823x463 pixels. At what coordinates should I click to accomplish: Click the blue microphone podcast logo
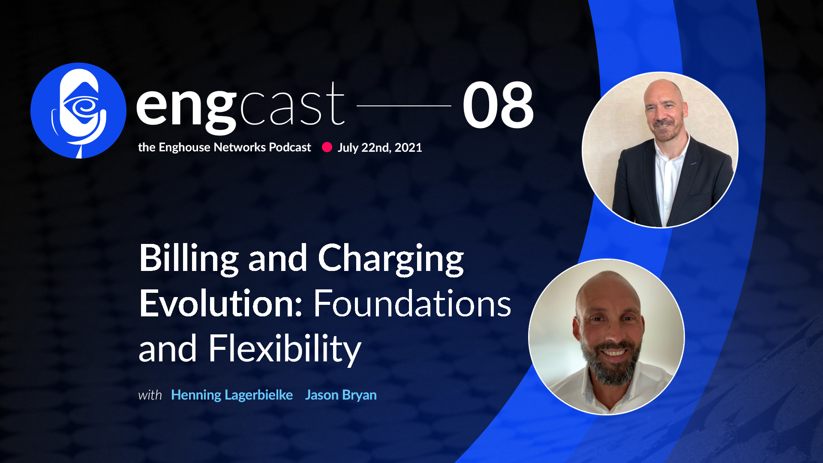click(x=78, y=111)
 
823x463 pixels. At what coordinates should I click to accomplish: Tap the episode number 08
click(x=498, y=105)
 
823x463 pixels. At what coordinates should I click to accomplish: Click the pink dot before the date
click(x=327, y=147)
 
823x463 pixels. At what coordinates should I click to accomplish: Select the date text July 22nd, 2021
click(x=380, y=147)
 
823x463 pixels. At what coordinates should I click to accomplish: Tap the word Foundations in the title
click(x=412, y=303)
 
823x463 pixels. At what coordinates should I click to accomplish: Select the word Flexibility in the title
click(x=285, y=349)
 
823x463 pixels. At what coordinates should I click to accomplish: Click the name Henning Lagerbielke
click(x=232, y=395)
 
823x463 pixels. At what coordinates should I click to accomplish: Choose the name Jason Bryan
click(x=341, y=395)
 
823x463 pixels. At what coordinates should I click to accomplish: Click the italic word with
click(x=150, y=395)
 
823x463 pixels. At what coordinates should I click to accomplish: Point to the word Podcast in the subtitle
click(x=290, y=147)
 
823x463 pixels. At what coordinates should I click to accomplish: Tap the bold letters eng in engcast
click(x=186, y=107)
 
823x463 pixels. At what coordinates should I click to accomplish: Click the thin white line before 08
click(x=404, y=105)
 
